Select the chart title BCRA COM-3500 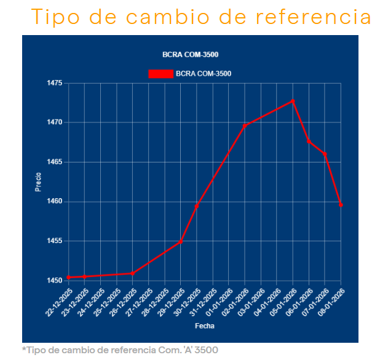(x=190, y=55)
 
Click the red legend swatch (x=160, y=74)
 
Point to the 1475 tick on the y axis (x=55, y=83)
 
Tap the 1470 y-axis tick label (x=55, y=122)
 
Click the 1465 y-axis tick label (x=55, y=162)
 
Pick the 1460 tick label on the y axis (x=55, y=201)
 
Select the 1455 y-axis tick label (x=55, y=241)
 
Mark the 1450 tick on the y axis (x=55, y=281)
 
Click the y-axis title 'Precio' (x=38, y=182)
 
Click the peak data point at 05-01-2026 (x=293, y=101)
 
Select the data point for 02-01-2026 (x=245, y=126)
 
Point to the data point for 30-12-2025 (x=197, y=206)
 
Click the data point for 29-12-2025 (x=181, y=241)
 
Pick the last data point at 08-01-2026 (x=341, y=204)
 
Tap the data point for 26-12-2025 (x=133, y=273)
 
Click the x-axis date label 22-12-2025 (x=60, y=302)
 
